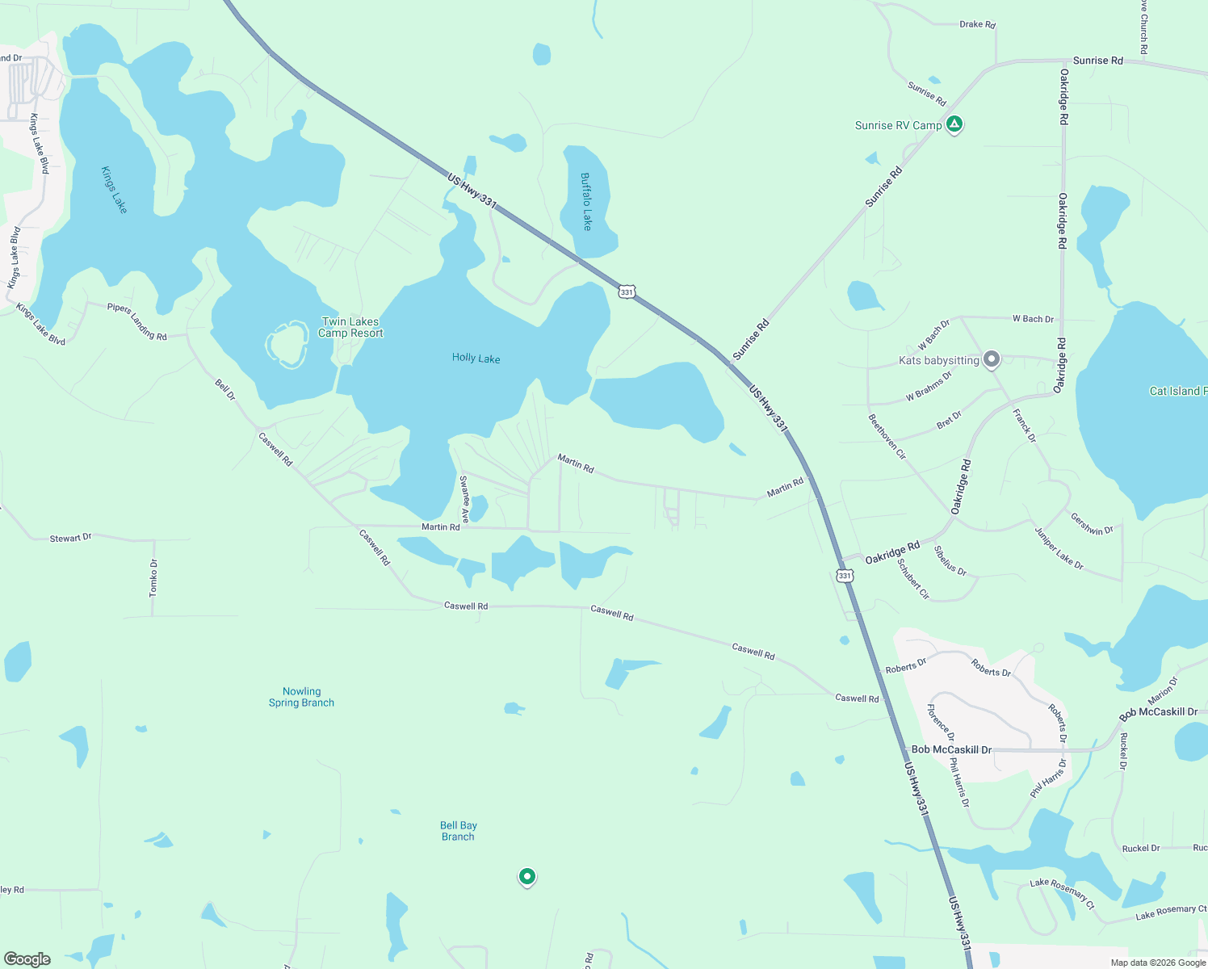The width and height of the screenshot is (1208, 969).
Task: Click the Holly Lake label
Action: [x=476, y=358]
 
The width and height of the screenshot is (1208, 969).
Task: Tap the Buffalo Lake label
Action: [x=586, y=202]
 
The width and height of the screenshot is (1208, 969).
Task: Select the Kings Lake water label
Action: [x=114, y=190]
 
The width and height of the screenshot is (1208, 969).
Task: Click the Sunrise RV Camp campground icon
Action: [x=954, y=124]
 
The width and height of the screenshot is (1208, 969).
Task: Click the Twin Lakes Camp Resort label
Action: [x=350, y=327]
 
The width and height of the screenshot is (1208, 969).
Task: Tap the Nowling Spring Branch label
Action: [x=301, y=697]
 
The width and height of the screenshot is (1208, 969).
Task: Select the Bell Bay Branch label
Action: [x=458, y=831]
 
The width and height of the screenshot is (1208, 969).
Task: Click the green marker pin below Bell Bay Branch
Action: [x=527, y=876]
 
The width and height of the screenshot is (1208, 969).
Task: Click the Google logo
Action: [x=27, y=959]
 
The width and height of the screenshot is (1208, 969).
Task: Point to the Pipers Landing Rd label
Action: [x=136, y=321]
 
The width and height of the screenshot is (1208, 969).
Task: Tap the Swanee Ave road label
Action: [x=464, y=499]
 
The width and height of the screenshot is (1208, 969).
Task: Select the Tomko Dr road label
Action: [x=153, y=578]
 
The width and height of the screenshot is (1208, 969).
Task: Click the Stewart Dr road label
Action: [x=71, y=538]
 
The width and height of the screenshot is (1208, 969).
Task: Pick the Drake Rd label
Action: [x=977, y=24]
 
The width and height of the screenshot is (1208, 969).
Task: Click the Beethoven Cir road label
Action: [x=887, y=437]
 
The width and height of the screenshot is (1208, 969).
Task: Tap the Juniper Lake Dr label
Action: [x=1059, y=548]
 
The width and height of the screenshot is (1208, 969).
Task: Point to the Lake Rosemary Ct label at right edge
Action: [x=1171, y=912]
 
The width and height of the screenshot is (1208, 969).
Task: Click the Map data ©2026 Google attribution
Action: [x=1158, y=962]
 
